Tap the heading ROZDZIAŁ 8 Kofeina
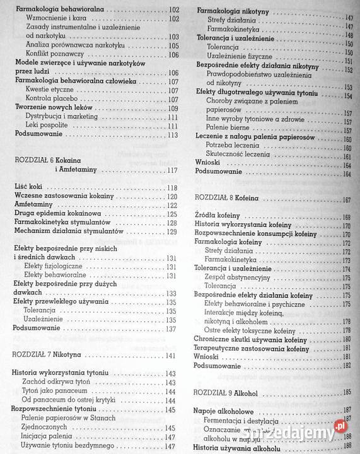point(235,199)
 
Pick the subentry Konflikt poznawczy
point(56,55)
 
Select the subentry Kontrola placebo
point(55,100)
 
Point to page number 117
point(170,171)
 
